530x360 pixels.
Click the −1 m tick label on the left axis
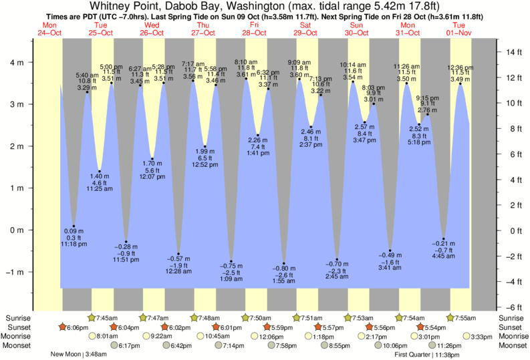[x=16, y=272]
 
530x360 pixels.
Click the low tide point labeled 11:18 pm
[x=74, y=226]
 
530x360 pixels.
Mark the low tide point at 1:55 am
[x=284, y=264]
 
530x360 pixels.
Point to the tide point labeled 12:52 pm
[x=205, y=147]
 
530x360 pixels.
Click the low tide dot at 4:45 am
[x=444, y=239]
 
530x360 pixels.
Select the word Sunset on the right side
[x=513, y=327]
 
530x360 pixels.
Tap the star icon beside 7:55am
[x=450, y=318]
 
